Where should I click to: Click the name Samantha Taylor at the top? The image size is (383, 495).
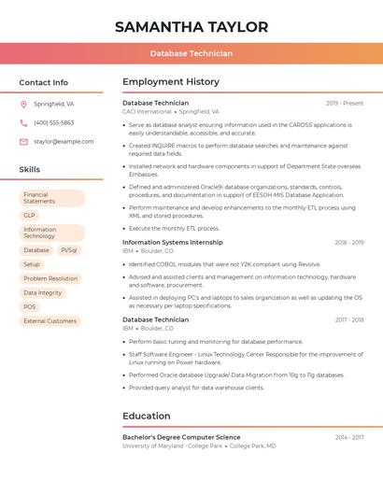click(191, 27)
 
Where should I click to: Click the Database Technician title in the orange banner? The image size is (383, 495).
click(191, 53)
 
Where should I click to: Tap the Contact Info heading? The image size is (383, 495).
click(43, 82)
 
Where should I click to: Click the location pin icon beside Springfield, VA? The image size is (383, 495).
click(23, 105)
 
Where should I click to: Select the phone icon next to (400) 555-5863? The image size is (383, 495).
click(23, 123)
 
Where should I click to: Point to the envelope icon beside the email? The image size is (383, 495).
click(23, 142)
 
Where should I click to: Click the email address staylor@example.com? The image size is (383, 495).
click(64, 142)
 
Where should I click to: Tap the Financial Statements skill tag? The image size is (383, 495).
click(51, 198)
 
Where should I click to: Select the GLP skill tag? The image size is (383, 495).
click(30, 215)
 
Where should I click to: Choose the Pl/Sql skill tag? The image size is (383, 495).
click(68, 250)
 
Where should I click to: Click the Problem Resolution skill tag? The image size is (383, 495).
click(50, 278)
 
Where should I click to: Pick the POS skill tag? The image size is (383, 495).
click(30, 306)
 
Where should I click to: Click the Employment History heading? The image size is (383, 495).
click(171, 82)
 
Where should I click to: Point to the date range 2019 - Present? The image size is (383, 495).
click(344, 103)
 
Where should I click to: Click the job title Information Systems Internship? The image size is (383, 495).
click(173, 242)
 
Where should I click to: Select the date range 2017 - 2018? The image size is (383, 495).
click(348, 320)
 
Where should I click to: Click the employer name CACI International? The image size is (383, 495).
click(147, 111)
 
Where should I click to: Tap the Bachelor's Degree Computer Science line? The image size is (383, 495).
click(181, 437)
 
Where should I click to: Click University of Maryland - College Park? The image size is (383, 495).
click(173, 446)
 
